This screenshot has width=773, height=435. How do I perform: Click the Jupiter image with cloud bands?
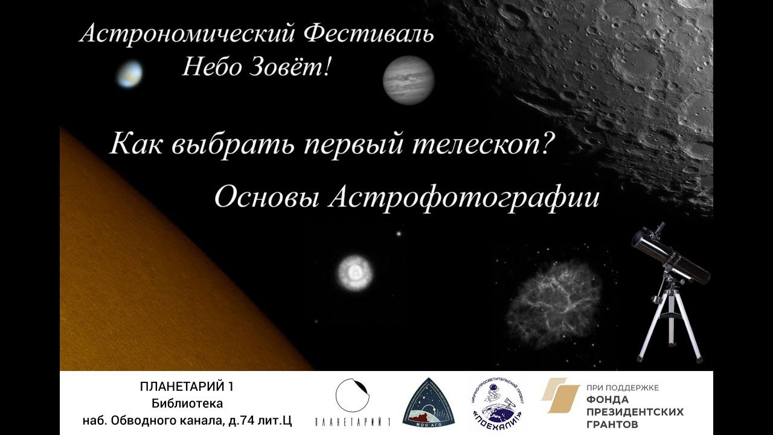(x=408, y=80)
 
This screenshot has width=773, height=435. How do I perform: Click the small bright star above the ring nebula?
(x=398, y=233)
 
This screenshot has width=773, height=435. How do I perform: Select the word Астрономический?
(x=187, y=34)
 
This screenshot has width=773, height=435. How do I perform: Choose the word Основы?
(x=266, y=198)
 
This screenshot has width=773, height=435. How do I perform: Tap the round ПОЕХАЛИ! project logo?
(x=499, y=401)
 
